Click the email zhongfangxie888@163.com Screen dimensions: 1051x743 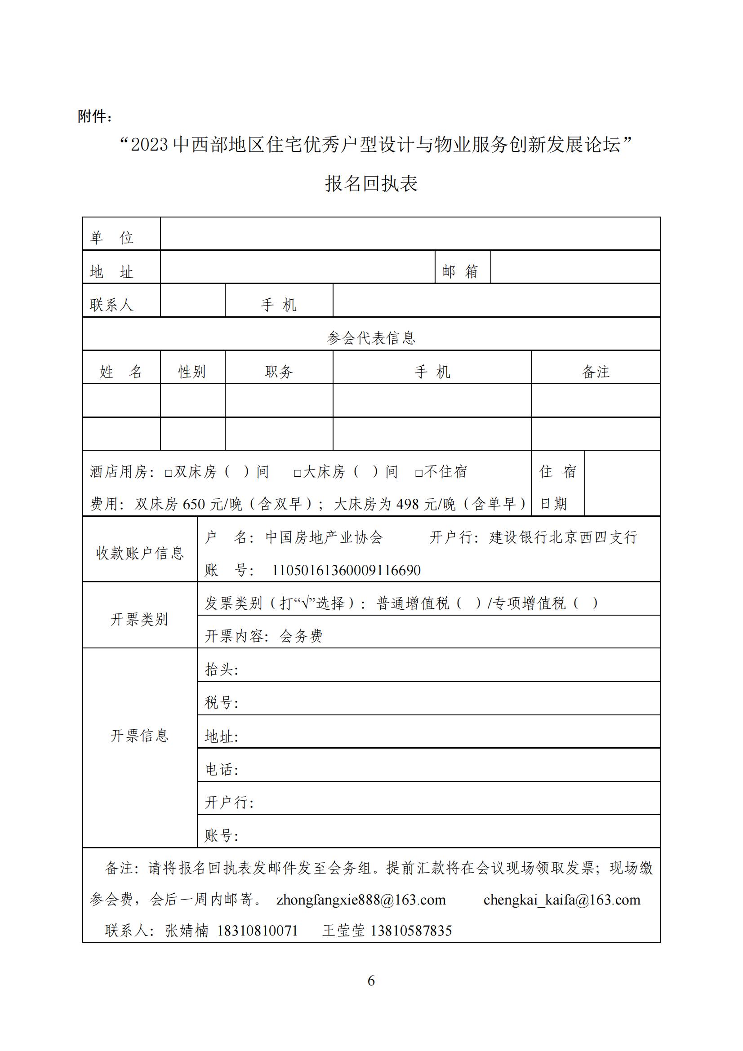pos(361,900)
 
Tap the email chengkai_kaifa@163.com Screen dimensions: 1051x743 pos(562,900)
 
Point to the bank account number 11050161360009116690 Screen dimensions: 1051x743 pos(346,570)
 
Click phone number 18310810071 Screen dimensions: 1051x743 pos(257,930)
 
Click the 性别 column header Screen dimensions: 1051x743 pos(192,371)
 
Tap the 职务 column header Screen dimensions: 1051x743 pos(279,371)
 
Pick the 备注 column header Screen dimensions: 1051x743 pos(596,371)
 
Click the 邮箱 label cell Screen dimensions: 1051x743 pos(460,271)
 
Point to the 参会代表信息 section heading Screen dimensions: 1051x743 pos(371,338)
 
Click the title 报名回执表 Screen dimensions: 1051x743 pos(371,184)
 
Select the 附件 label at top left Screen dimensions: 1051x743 pos(94,116)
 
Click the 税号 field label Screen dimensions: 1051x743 pos(221,702)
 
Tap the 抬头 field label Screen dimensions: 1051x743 pos(221,669)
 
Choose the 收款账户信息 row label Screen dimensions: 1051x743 pos(140,553)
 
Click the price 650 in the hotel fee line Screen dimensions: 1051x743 pos(194,504)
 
